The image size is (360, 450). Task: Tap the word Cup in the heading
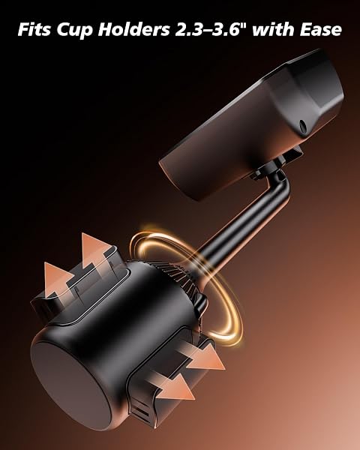75,30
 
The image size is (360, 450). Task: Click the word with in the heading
274,29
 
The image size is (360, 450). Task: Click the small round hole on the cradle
303,124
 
